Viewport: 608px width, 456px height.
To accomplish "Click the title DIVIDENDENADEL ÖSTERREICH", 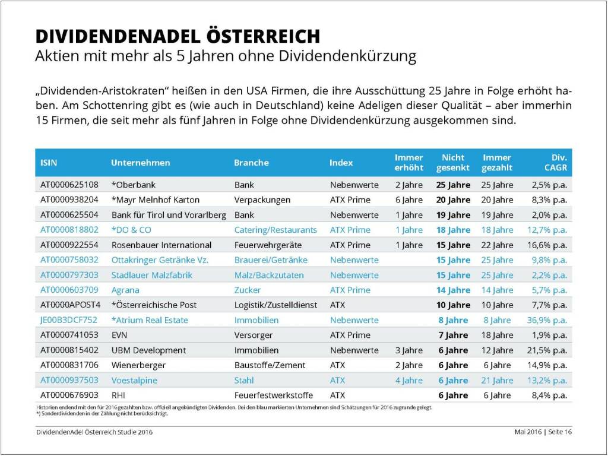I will (178, 36).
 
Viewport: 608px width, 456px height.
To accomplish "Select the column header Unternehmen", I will (140, 163).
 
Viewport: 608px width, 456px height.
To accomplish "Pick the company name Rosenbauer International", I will (161, 245).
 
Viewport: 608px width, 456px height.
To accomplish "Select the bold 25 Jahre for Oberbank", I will (453, 185).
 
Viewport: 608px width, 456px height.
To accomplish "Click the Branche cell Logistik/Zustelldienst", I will (278, 305).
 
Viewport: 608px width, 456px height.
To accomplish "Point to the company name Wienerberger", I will (138, 365).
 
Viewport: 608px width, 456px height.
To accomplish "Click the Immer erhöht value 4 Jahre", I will (408, 380).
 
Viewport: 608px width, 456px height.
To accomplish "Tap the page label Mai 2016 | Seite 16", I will (543, 432).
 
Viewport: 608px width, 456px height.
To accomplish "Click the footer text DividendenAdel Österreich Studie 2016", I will (94, 432).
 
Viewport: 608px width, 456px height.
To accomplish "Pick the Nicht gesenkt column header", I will (453, 163).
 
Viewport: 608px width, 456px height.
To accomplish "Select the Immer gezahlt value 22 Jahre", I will (497, 245).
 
